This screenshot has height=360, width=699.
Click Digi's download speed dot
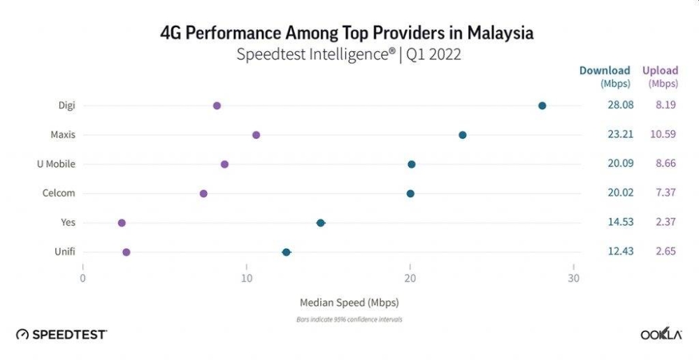point(542,106)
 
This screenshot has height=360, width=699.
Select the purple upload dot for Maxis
point(256,135)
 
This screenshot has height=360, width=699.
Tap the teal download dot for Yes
point(320,223)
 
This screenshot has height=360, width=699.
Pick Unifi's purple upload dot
point(127,252)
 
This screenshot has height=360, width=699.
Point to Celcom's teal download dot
point(410,194)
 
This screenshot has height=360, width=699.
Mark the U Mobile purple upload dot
point(224,164)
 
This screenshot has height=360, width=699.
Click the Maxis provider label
point(63,135)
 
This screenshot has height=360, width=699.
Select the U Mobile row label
point(56,164)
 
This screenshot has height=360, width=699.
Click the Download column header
point(605,71)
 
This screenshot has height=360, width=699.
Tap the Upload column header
point(661,71)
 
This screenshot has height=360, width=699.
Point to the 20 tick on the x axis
point(410,278)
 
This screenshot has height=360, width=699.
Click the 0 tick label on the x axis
point(82,278)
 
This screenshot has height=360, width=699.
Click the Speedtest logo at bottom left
point(62,335)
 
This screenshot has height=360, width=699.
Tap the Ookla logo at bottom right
point(661,334)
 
